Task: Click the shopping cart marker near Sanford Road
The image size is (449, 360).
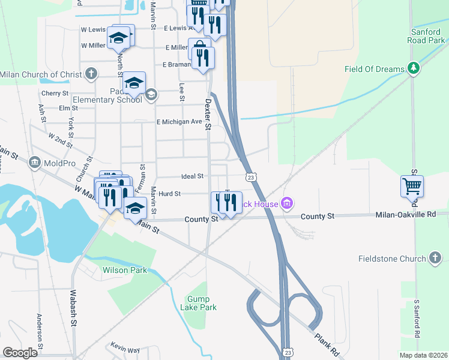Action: coord(412,187)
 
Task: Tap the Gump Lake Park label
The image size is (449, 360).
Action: coord(202,303)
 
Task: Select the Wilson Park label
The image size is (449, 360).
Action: coord(125,271)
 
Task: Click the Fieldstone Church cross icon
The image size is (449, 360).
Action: coord(436,259)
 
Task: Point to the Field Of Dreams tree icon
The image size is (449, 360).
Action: coord(413,68)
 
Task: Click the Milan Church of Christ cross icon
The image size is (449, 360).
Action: coord(91,74)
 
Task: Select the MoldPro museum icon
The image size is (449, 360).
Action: coord(34,163)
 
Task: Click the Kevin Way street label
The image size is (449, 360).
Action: coord(125,349)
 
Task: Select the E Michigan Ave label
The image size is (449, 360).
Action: coord(179,122)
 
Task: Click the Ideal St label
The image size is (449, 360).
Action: coord(193,176)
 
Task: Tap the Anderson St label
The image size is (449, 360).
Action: coord(40,331)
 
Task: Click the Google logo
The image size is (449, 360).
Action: coord(20,353)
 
